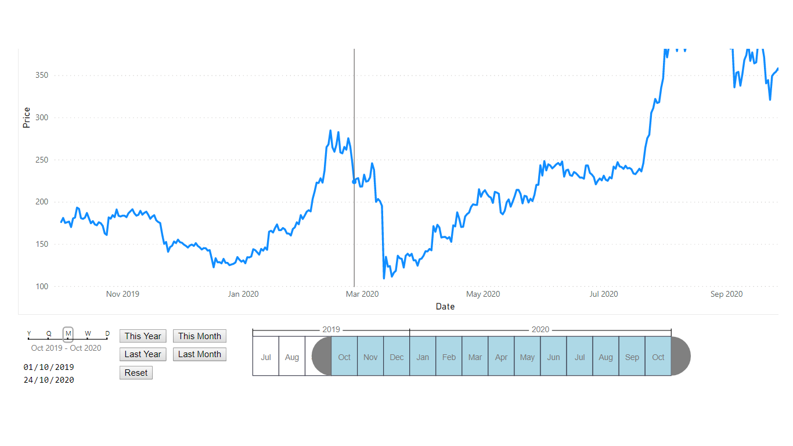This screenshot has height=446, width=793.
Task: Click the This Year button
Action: [143, 336]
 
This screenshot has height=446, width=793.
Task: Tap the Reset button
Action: [136, 373]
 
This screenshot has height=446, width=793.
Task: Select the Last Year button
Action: [143, 354]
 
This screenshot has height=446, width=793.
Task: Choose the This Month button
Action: [199, 336]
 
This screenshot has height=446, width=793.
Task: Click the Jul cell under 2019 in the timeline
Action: [266, 357]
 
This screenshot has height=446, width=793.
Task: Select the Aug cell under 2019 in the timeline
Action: [292, 357]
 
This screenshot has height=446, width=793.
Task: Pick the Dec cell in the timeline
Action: [396, 357]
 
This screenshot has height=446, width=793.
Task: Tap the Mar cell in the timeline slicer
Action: [475, 357]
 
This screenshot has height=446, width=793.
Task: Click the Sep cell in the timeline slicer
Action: [632, 357]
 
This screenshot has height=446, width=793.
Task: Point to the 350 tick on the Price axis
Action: [41, 75]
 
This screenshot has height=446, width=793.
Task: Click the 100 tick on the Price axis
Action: [41, 286]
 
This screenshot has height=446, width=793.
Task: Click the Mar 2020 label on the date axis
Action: [362, 294]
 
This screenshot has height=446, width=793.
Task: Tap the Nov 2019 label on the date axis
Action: [122, 294]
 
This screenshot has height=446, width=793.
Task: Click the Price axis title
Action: [27, 118]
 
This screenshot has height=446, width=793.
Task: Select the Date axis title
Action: [445, 307]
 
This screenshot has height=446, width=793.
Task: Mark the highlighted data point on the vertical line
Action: [354, 182]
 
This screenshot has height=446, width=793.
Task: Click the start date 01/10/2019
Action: [49, 367]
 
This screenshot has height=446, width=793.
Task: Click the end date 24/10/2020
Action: [49, 380]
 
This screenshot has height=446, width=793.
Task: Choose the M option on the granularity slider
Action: [68, 333]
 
